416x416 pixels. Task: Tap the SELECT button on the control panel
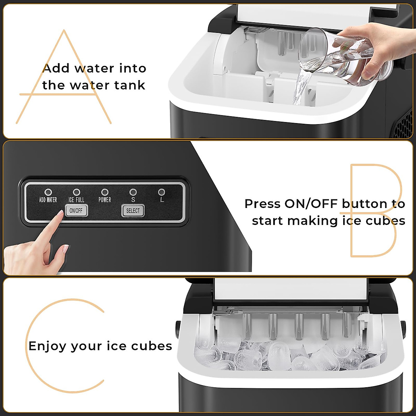point(133,211)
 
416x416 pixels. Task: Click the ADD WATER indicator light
point(48,192)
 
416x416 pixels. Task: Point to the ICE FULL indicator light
point(77,192)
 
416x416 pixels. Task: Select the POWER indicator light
point(105,192)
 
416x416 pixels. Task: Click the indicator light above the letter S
point(133,192)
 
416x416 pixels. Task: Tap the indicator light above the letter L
point(162,192)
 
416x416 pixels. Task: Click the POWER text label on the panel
point(105,200)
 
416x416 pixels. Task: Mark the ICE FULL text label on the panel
point(76,200)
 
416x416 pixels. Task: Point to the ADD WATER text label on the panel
point(48,200)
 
